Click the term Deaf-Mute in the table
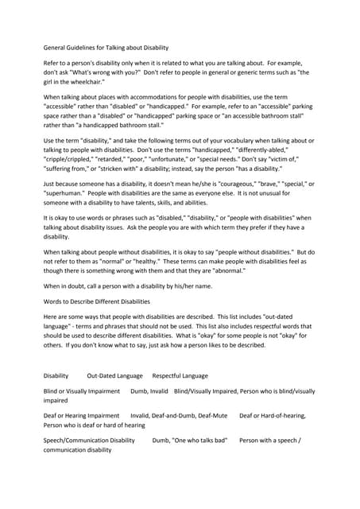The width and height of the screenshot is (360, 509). (x=211, y=415)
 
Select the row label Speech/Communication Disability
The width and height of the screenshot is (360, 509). (x=89, y=439)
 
